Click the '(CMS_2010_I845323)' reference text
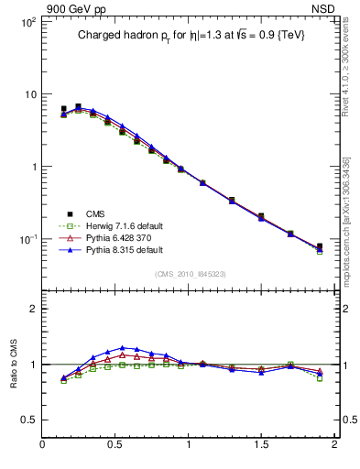190,273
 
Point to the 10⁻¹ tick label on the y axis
27,239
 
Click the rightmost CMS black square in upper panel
320,246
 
